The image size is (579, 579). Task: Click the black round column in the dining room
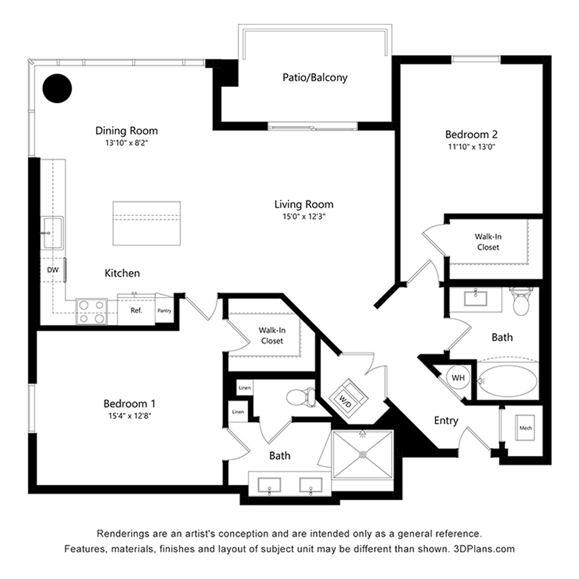[57, 88]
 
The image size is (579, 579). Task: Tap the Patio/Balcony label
[315, 78]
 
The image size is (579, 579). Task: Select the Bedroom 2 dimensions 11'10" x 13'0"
[471, 146]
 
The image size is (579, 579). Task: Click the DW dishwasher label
[53, 270]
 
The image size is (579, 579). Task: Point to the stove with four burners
[91, 312]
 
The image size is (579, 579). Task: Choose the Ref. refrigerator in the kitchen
[136, 310]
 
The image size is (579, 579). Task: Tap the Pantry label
[164, 310]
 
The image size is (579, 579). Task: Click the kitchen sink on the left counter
[53, 233]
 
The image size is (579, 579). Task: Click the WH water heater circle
[458, 378]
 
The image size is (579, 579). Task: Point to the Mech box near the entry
[526, 427]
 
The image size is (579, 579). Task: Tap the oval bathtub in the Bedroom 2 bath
[508, 382]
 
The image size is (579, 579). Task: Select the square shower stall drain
[362, 454]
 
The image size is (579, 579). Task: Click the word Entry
[446, 420]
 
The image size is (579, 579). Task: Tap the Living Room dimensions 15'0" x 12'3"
[304, 217]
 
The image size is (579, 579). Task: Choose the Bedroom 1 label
[130, 403]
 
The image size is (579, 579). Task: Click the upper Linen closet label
[244, 388]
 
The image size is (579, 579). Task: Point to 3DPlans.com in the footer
[483, 549]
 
